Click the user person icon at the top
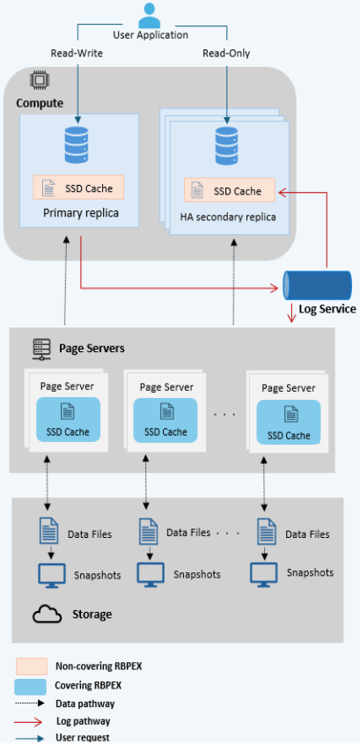(x=151, y=16)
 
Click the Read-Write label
(x=78, y=54)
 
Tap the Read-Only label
(x=226, y=54)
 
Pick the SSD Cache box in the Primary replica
(x=78, y=188)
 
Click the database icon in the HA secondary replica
(x=228, y=145)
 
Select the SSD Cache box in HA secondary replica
(x=229, y=191)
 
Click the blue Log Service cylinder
(x=318, y=285)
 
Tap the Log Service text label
(x=327, y=309)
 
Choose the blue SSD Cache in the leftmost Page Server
(x=68, y=421)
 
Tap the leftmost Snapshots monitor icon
(x=51, y=574)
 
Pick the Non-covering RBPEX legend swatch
(x=31, y=667)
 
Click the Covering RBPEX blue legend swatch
(x=31, y=686)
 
